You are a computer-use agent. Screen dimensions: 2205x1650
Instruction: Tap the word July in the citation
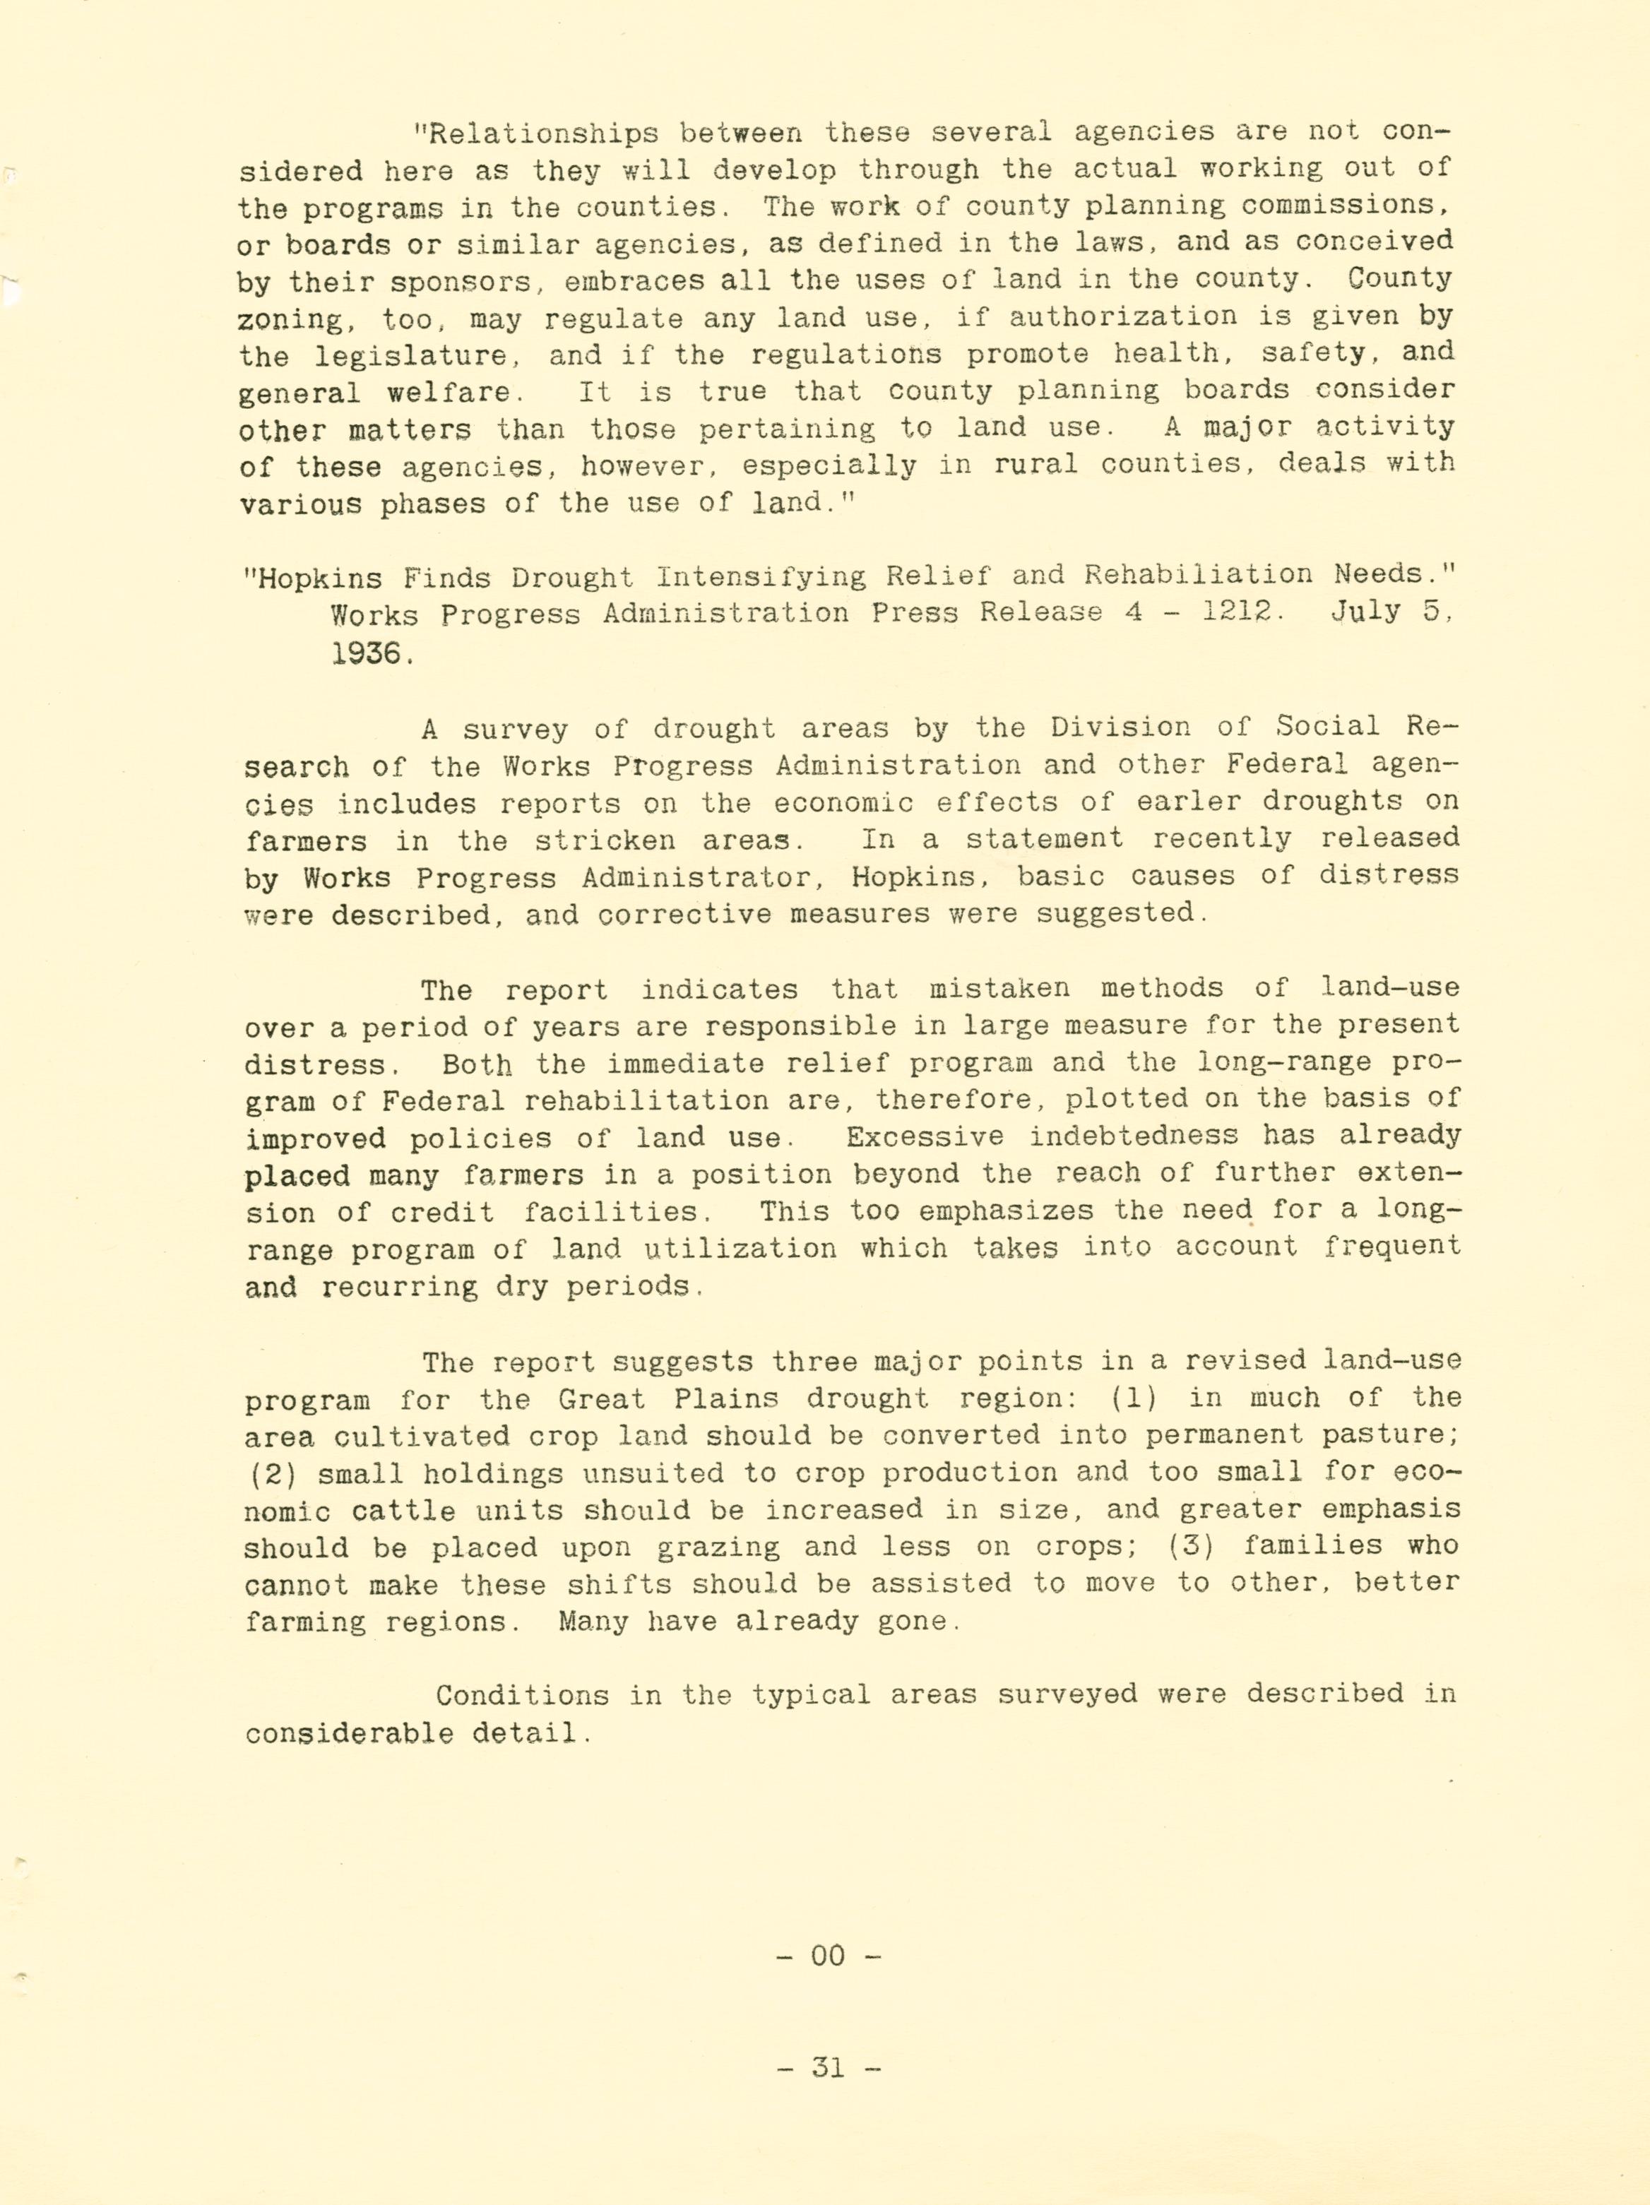[1367, 611]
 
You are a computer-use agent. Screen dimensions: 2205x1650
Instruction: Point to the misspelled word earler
[1209, 802]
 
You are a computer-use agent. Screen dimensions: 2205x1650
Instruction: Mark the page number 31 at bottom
[828, 2067]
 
